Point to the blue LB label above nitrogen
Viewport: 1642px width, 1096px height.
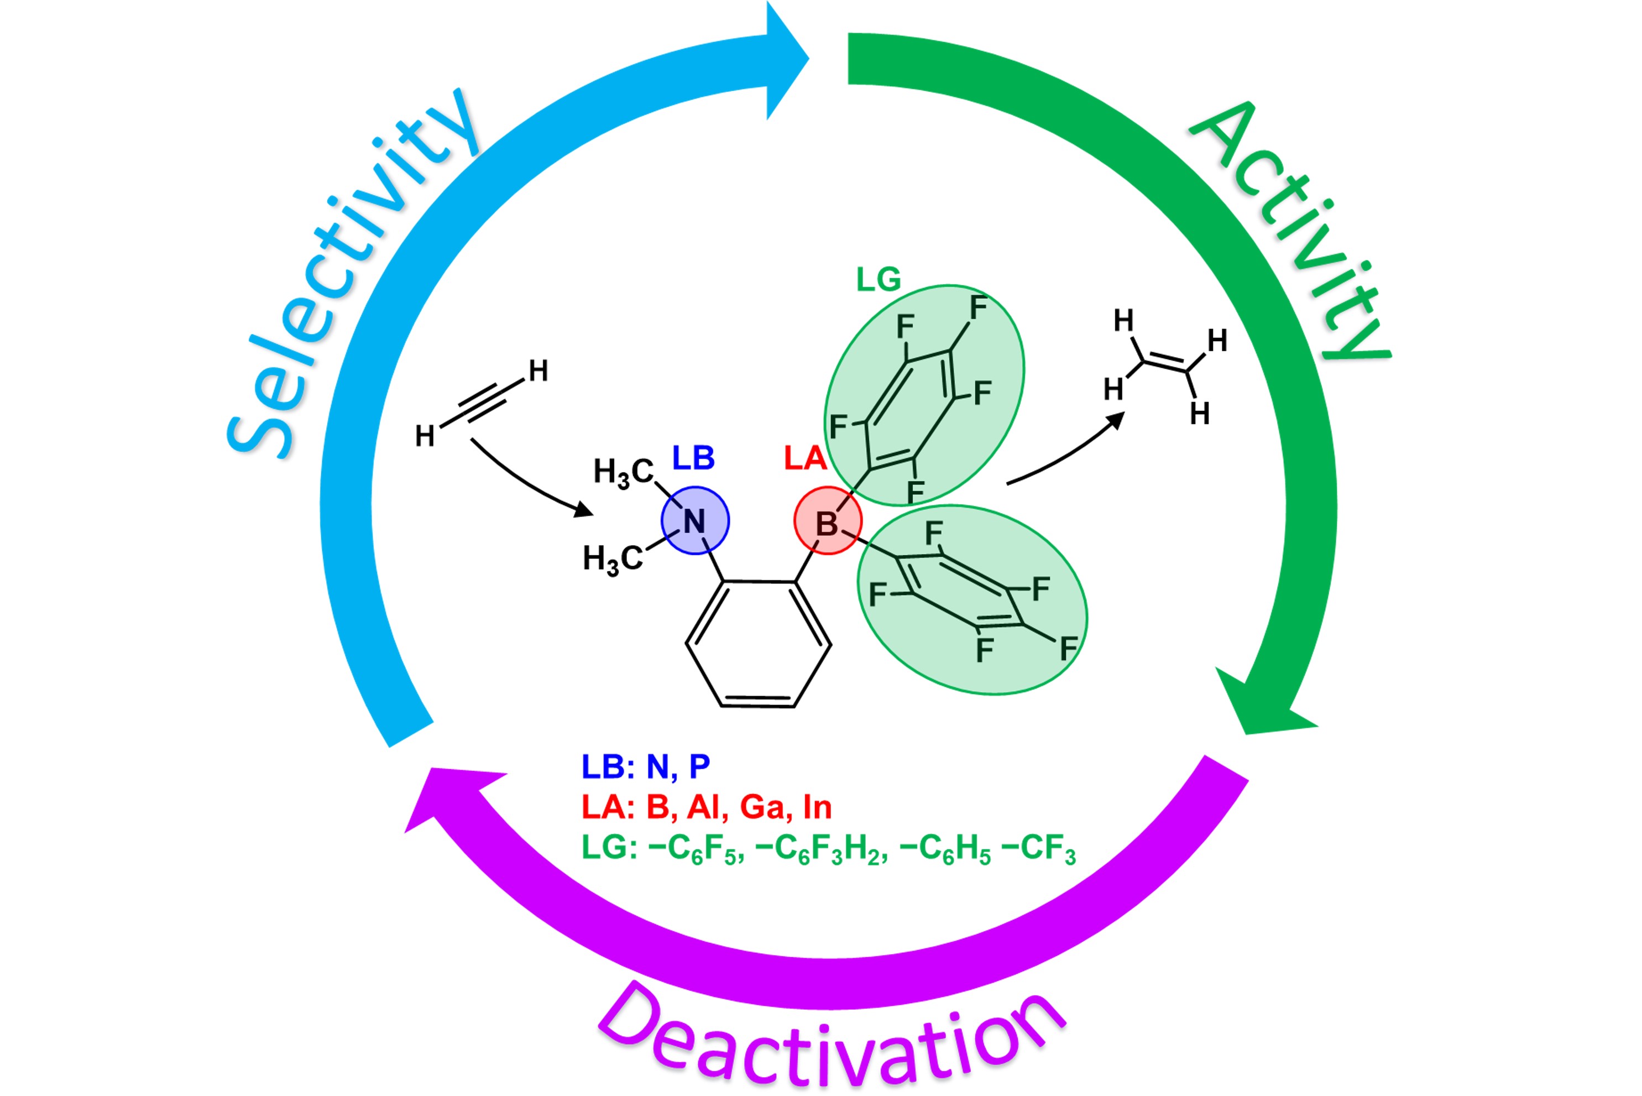[693, 458]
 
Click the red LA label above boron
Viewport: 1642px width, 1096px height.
[805, 458]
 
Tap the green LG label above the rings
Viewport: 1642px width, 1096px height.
[878, 280]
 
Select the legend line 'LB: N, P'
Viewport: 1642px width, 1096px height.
[646, 767]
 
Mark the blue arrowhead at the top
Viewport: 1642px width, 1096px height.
[786, 59]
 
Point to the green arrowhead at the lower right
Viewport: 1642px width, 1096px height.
[1265, 706]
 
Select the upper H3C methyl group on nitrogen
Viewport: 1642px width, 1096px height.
[623, 472]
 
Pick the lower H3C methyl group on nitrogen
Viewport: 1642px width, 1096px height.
[612, 560]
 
